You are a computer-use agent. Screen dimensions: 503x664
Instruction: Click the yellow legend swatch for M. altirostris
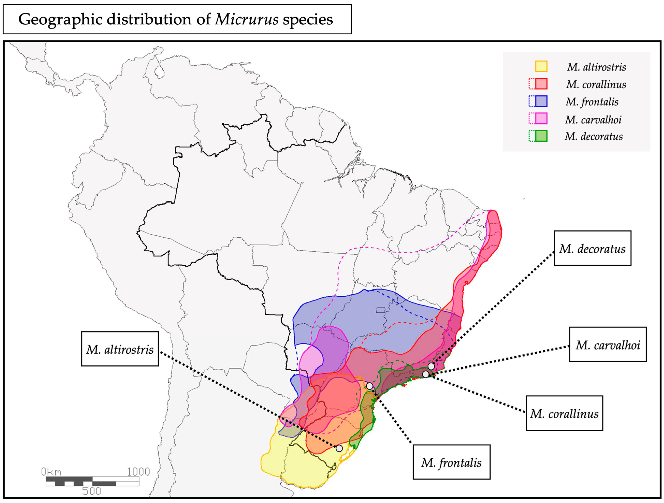(541, 66)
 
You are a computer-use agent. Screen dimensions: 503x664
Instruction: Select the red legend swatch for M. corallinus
(541, 84)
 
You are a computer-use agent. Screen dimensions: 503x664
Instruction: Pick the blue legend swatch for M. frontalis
(541, 101)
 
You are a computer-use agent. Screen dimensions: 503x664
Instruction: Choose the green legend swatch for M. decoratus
(541, 136)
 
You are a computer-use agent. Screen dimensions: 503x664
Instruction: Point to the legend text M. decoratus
(593, 136)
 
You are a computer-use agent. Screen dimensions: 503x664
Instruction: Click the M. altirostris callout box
(120, 349)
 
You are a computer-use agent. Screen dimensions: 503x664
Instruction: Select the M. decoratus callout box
(592, 248)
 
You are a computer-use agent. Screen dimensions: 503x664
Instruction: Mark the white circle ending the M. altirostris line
(339, 448)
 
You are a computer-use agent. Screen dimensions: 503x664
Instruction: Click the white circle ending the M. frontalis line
(369, 386)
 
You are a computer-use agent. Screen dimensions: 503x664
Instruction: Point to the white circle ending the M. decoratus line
(431, 366)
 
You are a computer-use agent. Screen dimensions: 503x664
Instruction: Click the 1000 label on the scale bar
(138, 472)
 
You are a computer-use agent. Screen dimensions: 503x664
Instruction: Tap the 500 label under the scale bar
(92, 491)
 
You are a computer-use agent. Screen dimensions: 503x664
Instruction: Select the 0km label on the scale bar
(51, 472)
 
